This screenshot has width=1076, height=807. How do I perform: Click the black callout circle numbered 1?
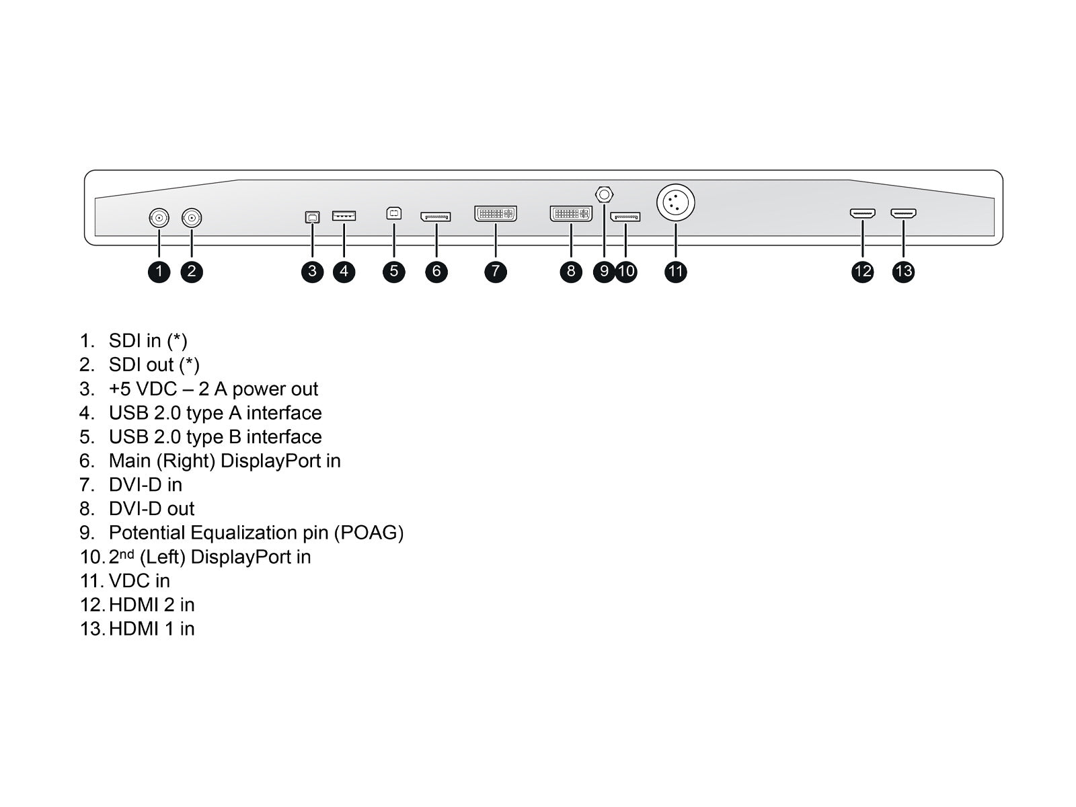[x=159, y=271]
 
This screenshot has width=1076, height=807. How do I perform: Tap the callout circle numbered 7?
[x=496, y=271]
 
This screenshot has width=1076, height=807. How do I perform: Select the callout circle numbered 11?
[x=675, y=271]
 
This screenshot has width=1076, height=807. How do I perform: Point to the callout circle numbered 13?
[x=903, y=271]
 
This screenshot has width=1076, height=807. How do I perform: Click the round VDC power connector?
[x=675, y=203]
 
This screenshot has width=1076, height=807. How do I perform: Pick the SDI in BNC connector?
[x=159, y=218]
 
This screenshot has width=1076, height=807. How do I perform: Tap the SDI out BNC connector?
[x=192, y=218]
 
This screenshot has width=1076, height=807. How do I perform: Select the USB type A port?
[x=344, y=216]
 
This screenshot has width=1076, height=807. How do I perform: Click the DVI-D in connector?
[x=496, y=214]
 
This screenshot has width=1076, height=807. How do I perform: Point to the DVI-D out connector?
[x=571, y=214]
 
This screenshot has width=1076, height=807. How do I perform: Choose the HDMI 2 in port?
[x=862, y=214]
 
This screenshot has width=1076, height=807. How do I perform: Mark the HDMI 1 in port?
[x=903, y=214]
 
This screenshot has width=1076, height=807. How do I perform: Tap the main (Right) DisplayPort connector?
[x=436, y=217]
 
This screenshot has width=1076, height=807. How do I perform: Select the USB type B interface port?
[x=394, y=214]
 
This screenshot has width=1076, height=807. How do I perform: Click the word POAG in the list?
[x=369, y=533]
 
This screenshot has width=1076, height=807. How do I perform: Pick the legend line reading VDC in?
[x=139, y=580]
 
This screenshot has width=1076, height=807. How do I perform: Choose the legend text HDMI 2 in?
[x=151, y=605]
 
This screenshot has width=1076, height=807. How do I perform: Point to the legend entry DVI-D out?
[x=151, y=508]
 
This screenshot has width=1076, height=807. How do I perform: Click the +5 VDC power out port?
[x=312, y=217]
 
